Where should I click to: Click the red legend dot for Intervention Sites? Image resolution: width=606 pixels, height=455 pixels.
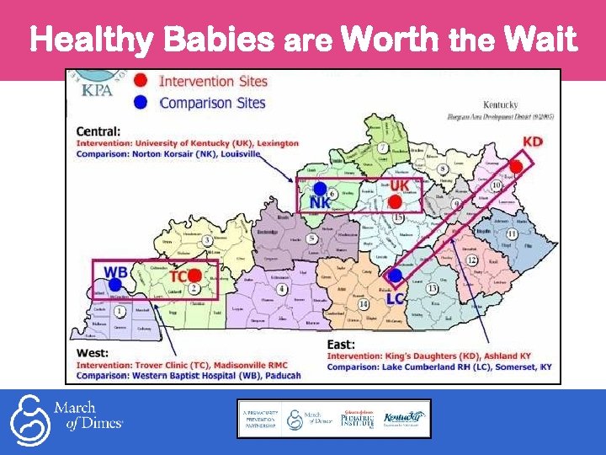(141, 82)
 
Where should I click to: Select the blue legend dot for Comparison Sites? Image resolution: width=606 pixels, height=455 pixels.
(141, 103)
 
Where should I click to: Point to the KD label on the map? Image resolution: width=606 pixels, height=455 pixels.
(532, 142)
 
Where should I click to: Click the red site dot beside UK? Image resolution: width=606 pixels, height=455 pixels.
(395, 201)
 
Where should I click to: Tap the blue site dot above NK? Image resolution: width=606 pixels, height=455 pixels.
(320, 188)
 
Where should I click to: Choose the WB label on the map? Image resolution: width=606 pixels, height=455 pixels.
(115, 273)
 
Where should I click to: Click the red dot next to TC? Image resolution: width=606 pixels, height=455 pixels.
(194, 275)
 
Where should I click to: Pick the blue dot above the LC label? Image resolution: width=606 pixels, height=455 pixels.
(395, 275)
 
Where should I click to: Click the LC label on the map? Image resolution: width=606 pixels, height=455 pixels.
(396, 298)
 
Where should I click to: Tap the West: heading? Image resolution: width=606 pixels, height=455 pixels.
(93, 352)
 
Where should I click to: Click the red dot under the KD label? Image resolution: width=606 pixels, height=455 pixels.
(516, 167)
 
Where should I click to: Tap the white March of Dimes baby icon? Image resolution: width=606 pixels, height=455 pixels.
(30, 418)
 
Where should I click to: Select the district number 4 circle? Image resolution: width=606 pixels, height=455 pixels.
(282, 289)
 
